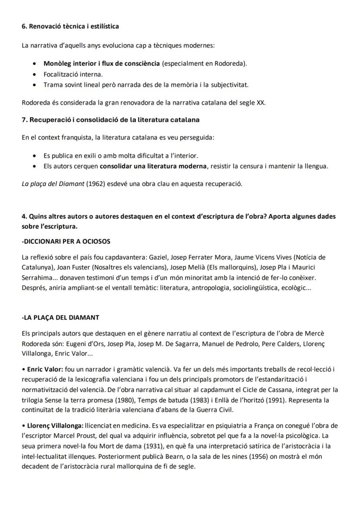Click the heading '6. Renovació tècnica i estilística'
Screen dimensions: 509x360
pyautogui.click(x=70, y=26)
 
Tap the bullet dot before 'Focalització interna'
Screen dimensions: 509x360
pyautogui.click(x=34, y=74)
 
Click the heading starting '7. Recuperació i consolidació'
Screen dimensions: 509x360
pyautogui.click(x=110, y=120)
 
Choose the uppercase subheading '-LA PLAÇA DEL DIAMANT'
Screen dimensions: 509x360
pyautogui.click(x=60, y=318)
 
